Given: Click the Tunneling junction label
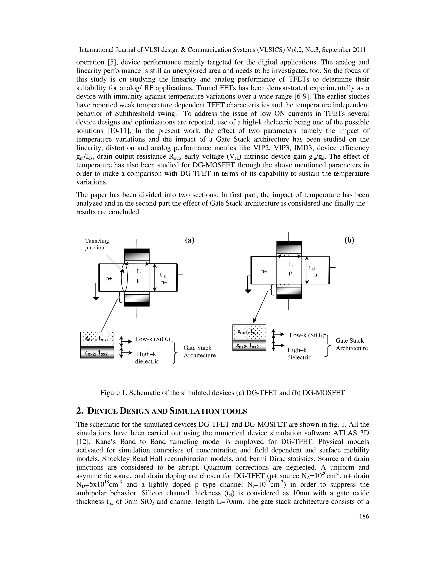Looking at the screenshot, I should click(x=97, y=244).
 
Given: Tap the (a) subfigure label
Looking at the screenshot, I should click(x=190, y=240).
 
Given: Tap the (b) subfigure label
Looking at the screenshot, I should click(x=349, y=240).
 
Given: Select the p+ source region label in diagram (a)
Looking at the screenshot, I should click(x=109, y=279).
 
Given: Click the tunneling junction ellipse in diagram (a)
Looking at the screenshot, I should click(x=124, y=277).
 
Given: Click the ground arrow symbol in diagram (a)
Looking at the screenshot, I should click(x=96, y=298).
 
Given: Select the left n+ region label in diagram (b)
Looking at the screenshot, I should click(x=264, y=271).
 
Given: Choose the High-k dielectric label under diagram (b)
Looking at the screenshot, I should click(x=299, y=353).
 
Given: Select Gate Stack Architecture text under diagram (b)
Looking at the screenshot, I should click(x=351, y=344).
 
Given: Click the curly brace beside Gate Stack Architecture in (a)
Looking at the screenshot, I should click(x=174, y=353).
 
